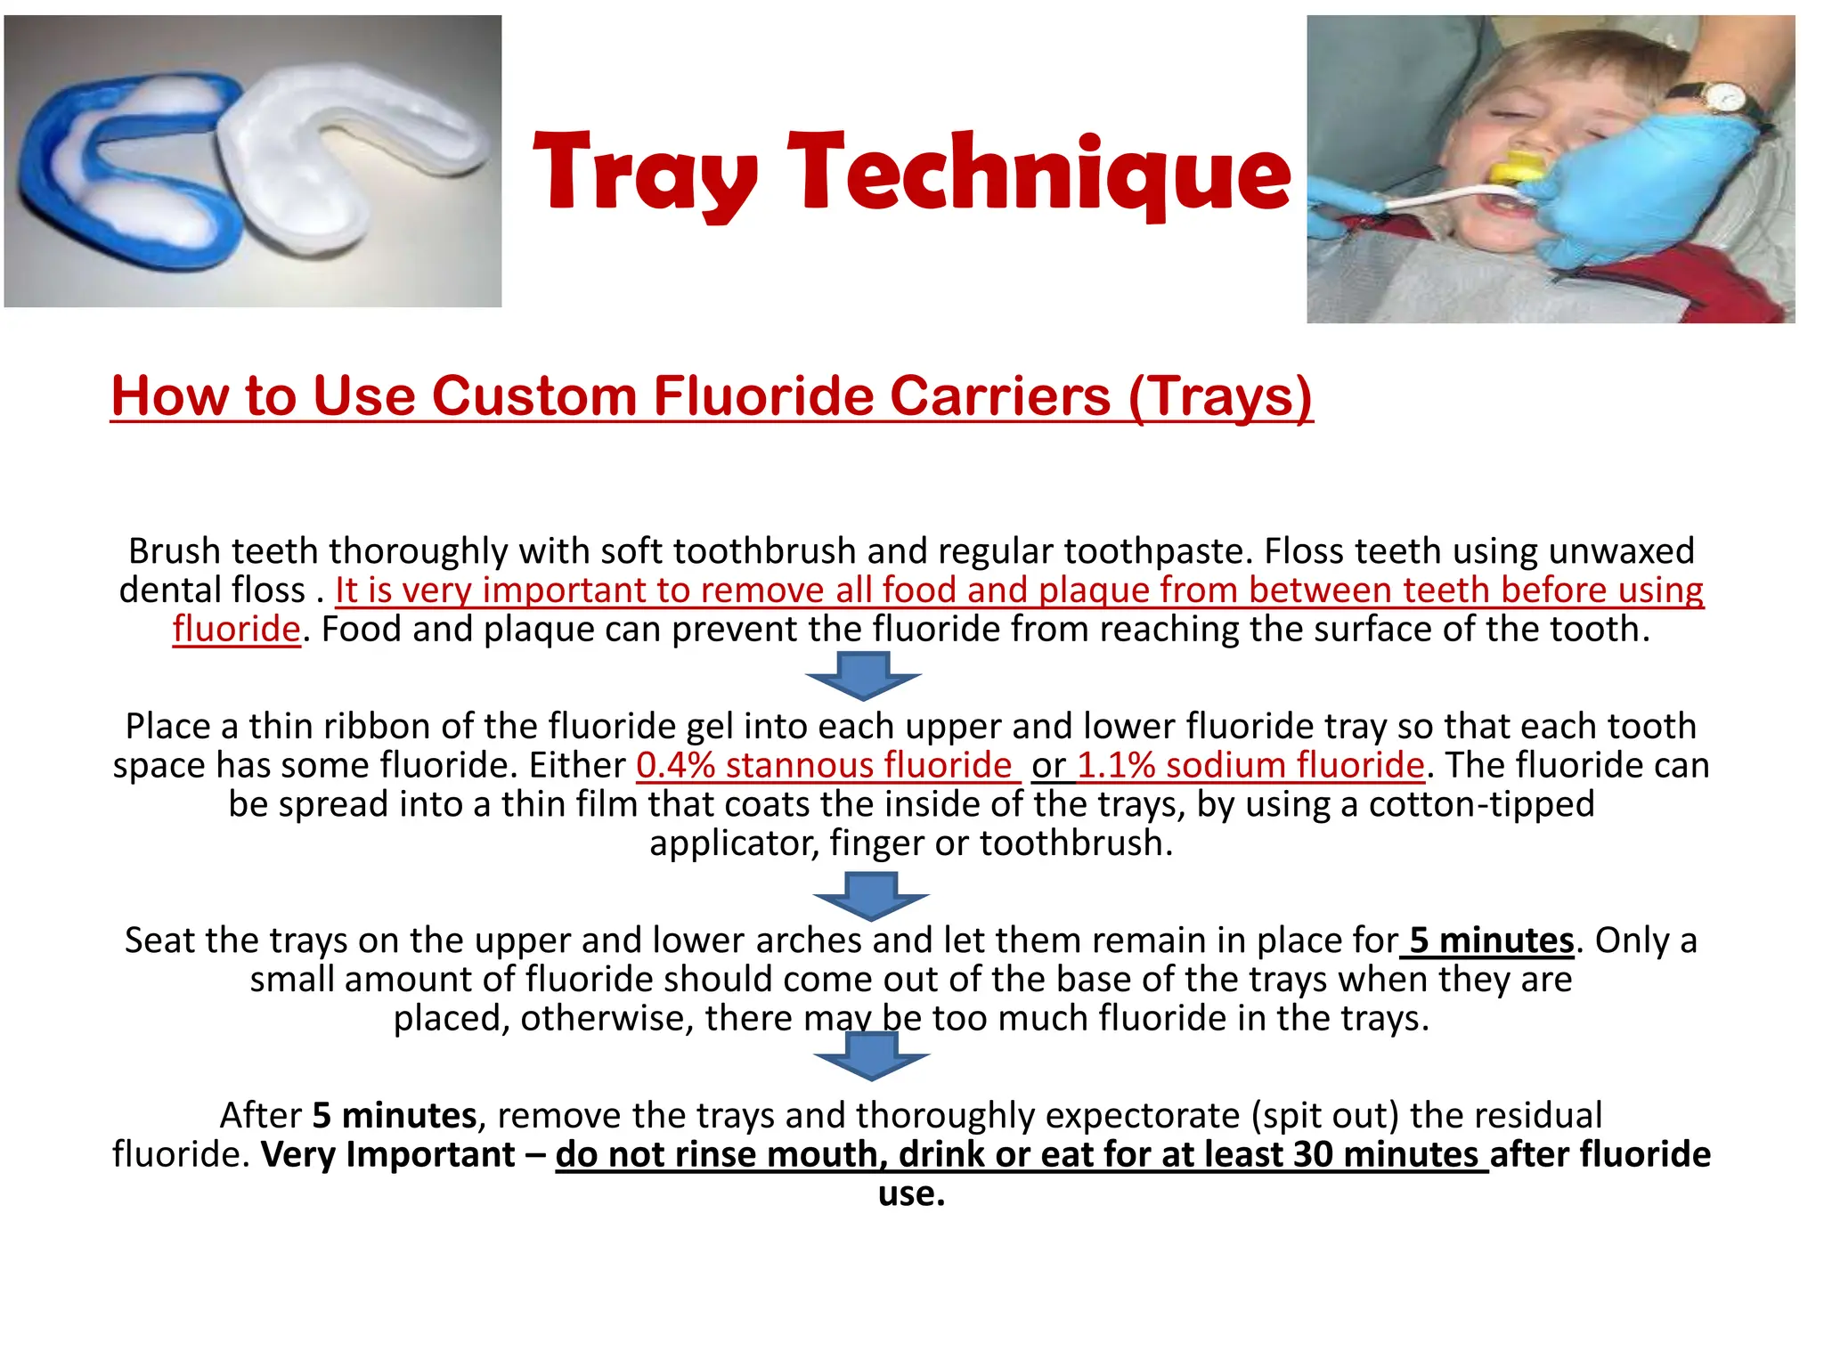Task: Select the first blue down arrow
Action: tap(862, 675)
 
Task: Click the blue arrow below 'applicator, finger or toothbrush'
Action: tap(870, 895)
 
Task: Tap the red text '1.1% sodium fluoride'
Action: tap(1250, 765)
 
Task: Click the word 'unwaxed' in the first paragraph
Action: tap(1621, 550)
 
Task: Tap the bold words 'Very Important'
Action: tap(387, 1154)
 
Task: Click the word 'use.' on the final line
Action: tap(911, 1193)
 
